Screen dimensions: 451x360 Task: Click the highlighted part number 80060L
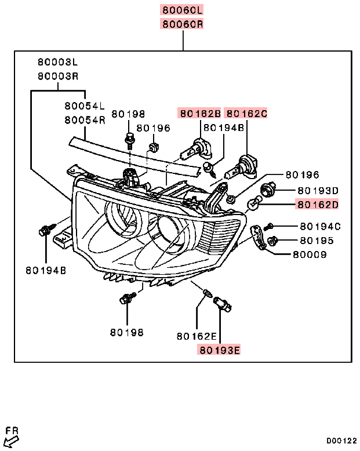(183, 10)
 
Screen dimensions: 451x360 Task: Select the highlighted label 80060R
(183, 24)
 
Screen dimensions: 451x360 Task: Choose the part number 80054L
(85, 106)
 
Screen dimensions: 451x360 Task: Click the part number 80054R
(85, 120)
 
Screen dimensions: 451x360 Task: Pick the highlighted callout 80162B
(199, 114)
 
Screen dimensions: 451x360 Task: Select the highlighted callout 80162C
(246, 114)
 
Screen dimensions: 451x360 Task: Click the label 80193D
(318, 190)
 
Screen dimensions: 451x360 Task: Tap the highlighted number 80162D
(318, 204)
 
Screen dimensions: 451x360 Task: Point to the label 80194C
(320, 226)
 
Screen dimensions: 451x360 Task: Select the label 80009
(310, 254)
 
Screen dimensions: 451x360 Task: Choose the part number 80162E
(197, 336)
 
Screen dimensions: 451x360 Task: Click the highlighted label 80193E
(219, 350)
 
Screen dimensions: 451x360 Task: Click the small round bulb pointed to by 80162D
(253, 203)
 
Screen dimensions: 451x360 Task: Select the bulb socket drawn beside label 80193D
(269, 188)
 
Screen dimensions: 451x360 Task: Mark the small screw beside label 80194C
(268, 227)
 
